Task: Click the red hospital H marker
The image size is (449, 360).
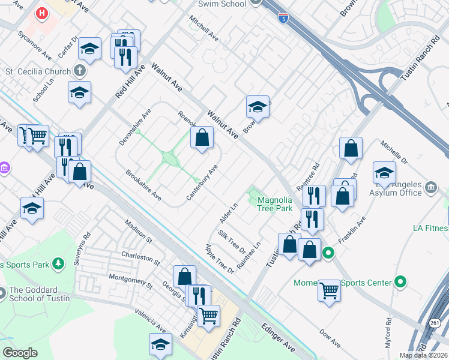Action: coord(42,13)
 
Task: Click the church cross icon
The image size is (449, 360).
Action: coord(80,71)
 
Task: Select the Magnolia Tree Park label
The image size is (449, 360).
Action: coord(274,204)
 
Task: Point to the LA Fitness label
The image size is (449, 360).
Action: coord(430,228)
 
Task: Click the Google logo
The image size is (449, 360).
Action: coord(20,353)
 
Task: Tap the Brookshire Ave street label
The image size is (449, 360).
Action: coord(143,185)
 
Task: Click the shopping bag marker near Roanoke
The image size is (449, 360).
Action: coord(202,137)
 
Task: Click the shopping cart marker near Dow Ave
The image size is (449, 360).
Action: coord(329,291)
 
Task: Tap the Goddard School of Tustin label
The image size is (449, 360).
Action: coord(39,294)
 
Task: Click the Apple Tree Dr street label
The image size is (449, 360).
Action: coord(219,259)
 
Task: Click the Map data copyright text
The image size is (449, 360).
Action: coord(423,355)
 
